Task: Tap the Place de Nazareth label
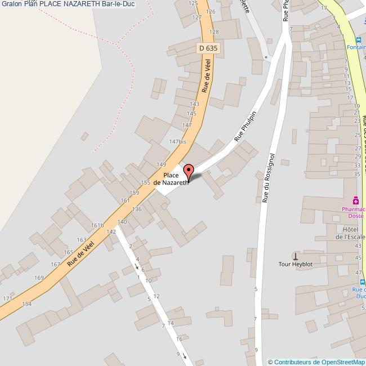tap(171, 180)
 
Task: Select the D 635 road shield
tap(208, 49)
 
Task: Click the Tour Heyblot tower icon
tap(295, 256)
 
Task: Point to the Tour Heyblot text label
tap(295, 264)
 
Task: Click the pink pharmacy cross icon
tap(356, 200)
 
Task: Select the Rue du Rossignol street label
tap(268, 177)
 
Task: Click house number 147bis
tap(178, 142)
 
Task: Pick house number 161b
tap(98, 225)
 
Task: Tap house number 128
tap(214, 33)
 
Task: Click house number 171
tap(7, 298)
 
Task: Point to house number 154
tap(26, 304)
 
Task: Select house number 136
tap(137, 209)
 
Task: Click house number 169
tap(39, 278)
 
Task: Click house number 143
tap(195, 104)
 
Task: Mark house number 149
tap(161, 164)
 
